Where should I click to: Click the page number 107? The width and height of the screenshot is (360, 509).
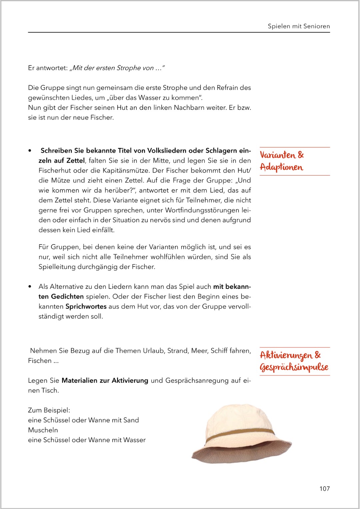pyautogui.click(x=324, y=489)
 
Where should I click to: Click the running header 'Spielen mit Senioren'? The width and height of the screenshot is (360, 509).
pyautogui.click(x=299, y=26)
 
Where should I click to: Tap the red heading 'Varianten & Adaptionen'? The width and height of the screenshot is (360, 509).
pyautogui.click(x=282, y=161)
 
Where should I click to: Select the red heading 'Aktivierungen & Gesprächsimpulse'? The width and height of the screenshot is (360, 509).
pyautogui.click(x=294, y=361)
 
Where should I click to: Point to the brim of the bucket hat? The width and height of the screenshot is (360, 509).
pyautogui.click(x=240, y=455)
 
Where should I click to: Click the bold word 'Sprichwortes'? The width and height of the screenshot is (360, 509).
pyautogui.click(x=86, y=306)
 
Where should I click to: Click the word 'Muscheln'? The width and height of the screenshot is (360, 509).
pyautogui.click(x=43, y=430)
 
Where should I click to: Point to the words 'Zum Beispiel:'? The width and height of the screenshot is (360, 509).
pyautogui.click(x=49, y=410)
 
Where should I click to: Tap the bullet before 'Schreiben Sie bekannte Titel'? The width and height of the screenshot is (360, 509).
pyautogui.click(x=30, y=151)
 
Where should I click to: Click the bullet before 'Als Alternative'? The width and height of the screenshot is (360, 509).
pyautogui.click(x=30, y=287)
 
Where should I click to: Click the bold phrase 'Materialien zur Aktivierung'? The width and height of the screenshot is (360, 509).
pyautogui.click(x=105, y=380)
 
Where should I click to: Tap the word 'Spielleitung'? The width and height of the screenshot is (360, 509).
pyautogui.click(x=57, y=267)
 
